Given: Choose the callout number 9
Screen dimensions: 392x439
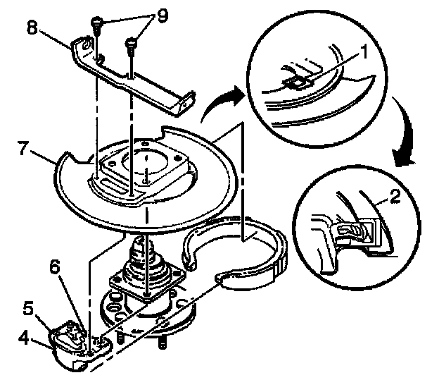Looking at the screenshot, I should click(x=162, y=16).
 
